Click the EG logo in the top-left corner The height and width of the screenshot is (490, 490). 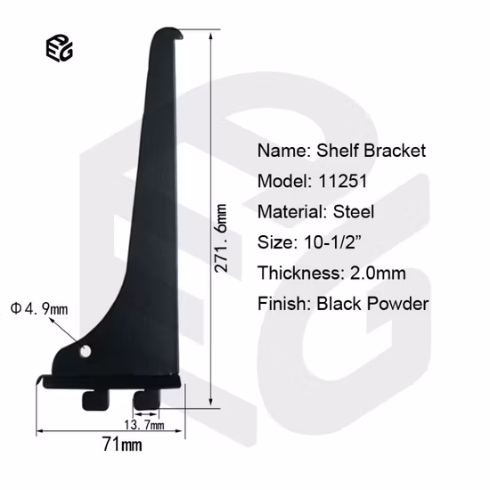pos(60,50)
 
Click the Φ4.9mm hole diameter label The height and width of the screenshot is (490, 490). pos(39,309)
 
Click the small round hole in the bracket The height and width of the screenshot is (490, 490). pos(86,352)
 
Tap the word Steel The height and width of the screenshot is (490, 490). pos(354,212)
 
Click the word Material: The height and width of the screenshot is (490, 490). pos(291,212)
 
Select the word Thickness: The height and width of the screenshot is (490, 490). pos(298,274)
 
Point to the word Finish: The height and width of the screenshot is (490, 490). pos(283,304)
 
